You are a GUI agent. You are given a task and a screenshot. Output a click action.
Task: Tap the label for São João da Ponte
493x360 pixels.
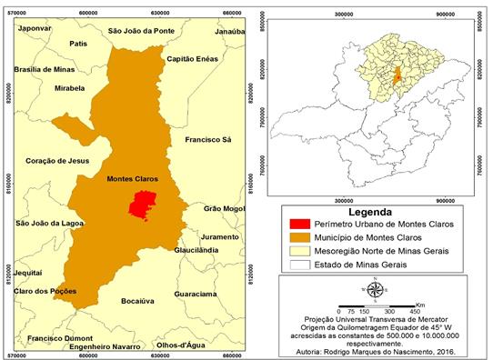pos(140,31)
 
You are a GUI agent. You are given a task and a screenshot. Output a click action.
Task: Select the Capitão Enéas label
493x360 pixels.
pos(191,59)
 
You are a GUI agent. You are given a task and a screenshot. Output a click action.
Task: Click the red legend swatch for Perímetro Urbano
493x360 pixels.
pos(296,224)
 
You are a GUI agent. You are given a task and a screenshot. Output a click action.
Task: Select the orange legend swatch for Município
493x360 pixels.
pos(296,236)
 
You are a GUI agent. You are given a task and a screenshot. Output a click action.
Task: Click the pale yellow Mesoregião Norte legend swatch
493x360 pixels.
pos(296,250)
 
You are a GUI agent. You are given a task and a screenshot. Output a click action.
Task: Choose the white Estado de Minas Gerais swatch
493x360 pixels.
pos(296,263)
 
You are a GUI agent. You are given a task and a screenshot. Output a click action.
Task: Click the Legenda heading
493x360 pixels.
pos(375,210)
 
